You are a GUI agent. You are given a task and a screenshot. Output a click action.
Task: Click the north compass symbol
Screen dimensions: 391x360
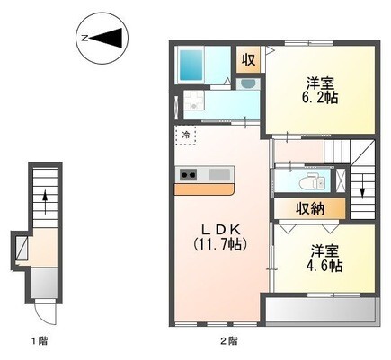[x=102, y=38]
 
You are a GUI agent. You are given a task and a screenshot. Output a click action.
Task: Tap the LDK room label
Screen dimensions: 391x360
[x=221, y=230]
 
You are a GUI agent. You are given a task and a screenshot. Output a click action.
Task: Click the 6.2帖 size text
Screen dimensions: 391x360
[x=320, y=97]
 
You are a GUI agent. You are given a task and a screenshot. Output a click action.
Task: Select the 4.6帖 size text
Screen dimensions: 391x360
[x=324, y=265]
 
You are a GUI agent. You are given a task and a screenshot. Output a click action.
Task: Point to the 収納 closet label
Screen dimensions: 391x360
[x=310, y=208]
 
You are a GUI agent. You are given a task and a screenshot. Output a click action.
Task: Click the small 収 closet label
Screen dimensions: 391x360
[x=248, y=59]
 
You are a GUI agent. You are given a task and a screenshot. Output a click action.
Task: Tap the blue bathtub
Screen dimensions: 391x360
[x=191, y=65]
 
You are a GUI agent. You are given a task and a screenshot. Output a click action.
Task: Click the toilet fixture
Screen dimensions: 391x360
[x=312, y=181]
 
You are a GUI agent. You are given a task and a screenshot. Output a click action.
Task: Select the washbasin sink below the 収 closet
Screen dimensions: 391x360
[x=248, y=84]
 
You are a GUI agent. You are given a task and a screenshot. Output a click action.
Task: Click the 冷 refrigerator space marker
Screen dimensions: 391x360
[x=186, y=135]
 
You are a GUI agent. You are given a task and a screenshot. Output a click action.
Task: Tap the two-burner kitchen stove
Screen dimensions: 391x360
[x=188, y=174]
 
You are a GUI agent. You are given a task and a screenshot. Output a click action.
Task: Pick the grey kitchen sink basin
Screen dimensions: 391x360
[x=219, y=174]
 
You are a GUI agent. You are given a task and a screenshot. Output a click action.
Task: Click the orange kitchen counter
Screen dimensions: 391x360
[x=204, y=189]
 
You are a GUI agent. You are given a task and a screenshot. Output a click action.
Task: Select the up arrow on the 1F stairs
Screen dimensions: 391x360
[x=45, y=201]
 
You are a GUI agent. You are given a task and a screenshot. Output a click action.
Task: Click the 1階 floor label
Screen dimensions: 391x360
[x=40, y=340]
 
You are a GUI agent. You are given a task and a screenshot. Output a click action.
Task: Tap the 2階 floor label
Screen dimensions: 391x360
[x=230, y=340]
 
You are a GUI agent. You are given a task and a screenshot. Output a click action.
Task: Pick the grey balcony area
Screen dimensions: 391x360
[x=321, y=310]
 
